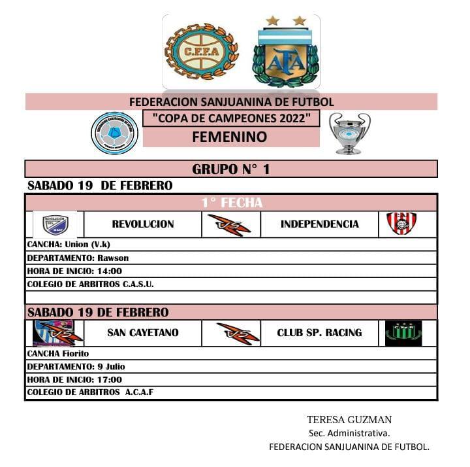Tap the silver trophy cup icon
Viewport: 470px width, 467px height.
(349, 133)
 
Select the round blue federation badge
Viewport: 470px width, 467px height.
(115, 133)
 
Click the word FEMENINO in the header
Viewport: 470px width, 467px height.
(230, 137)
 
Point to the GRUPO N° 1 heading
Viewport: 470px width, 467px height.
(230, 169)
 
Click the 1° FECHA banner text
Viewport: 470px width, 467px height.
(232, 203)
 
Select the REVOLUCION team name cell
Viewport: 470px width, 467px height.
(143, 224)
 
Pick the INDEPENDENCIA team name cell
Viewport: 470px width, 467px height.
(320, 224)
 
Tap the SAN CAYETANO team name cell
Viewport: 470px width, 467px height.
(143, 333)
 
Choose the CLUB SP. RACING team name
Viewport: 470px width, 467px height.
(319, 333)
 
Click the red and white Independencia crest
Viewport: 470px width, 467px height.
(401, 224)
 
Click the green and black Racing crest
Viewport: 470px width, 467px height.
(403, 333)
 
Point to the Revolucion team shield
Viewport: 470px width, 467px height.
(55, 224)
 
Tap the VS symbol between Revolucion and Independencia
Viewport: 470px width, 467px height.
(230, 224)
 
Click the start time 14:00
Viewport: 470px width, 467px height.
(108, 271)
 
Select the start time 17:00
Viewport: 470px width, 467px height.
(108, 379)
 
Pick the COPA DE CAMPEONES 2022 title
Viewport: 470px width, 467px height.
(230, 119)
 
